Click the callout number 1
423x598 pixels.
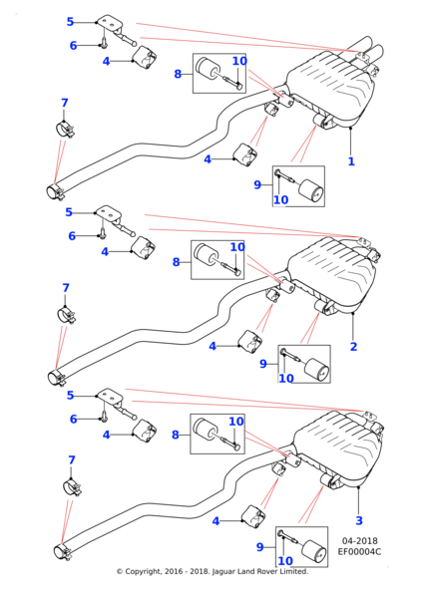351,160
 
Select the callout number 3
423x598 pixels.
359,520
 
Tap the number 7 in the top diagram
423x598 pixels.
65,103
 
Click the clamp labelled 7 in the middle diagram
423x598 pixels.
66,314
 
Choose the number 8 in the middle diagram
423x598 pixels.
178,262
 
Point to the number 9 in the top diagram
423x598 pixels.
256,184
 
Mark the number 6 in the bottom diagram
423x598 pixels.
73,420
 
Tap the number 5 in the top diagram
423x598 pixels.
70,21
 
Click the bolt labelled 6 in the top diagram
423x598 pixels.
104,43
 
